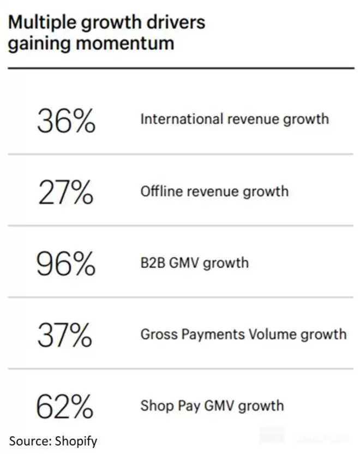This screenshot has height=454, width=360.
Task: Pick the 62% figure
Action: pyautogui.click(x=65, y=406)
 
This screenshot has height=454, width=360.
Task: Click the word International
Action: pyautogui.click(x=174, y=119)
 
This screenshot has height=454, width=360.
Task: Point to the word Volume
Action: pyautogui.click(x=263, y=334)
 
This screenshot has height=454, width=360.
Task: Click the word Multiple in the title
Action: pyautogui.click(x=43, y=22)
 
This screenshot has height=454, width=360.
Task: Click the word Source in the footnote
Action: pyautogui.click(x=27, y=439)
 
